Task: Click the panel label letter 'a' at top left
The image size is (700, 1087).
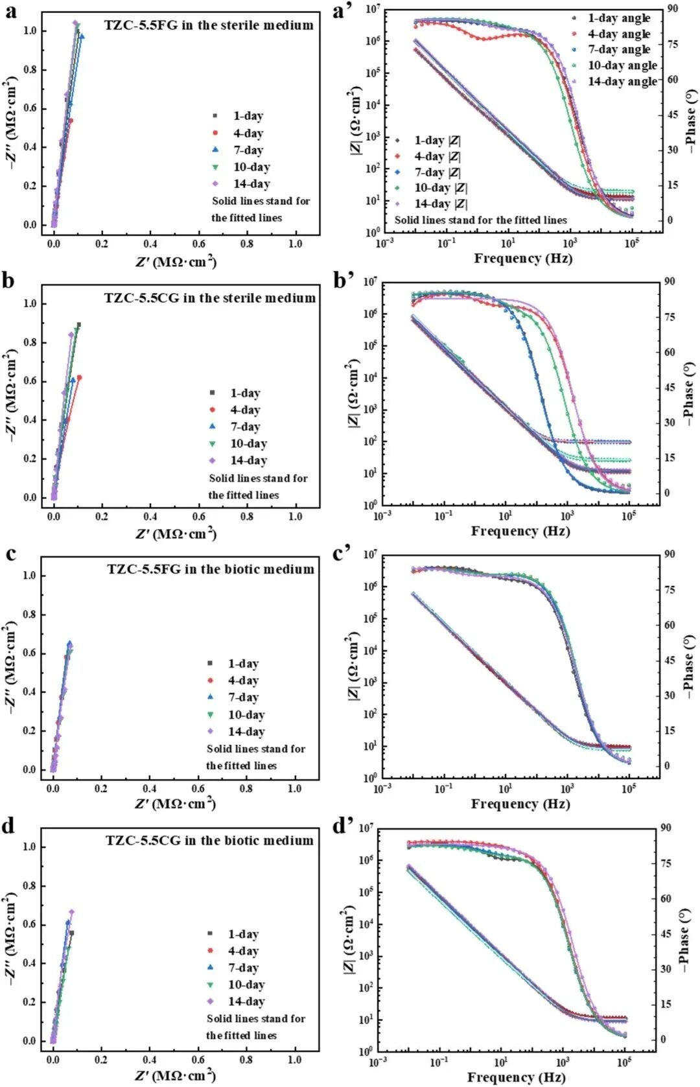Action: (x=11, y=11)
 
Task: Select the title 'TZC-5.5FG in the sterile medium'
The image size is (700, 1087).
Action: (x=209, y=25)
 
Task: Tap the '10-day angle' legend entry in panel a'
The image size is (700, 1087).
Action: (x=622, y=65)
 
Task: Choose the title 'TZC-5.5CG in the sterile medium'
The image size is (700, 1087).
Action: (x=210, y=298)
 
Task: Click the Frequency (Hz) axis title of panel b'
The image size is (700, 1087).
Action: (x=520, y=532)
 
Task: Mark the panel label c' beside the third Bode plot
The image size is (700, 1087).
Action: (x=342, y=553)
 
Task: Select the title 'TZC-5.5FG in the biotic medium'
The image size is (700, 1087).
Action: (x=211, y=569)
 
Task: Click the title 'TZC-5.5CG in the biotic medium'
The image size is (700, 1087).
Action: (x=209, y=840)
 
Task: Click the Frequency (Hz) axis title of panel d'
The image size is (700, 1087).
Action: (x=516, y=1077)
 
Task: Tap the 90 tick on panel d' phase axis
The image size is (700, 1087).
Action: (x=666, y=828)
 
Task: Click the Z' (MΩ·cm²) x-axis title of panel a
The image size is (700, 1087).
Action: (x=176, y=261)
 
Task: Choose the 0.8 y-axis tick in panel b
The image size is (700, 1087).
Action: (x=30, y=342)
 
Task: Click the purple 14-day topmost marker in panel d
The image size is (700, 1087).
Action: (x=72, y=912)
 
